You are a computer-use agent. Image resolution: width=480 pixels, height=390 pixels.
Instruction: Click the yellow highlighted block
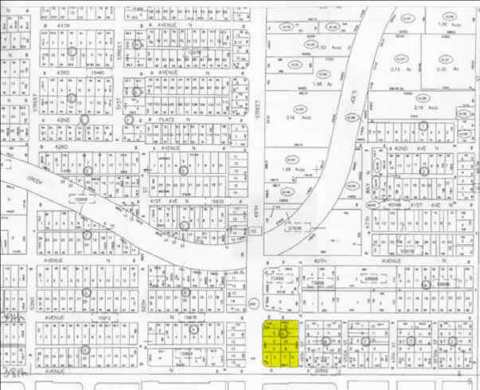click(x=283, y=344)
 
